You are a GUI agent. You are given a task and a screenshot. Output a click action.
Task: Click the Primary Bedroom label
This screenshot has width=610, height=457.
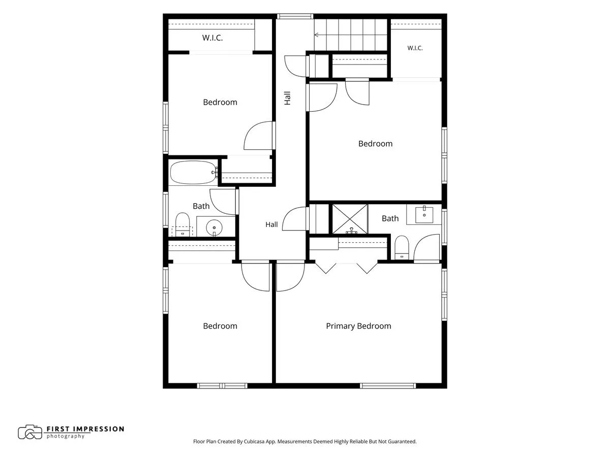[358, 326]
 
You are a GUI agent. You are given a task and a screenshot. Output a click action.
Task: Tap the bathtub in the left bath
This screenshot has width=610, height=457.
[194, 172]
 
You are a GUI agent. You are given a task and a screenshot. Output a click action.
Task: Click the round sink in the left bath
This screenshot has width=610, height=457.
[214, 227]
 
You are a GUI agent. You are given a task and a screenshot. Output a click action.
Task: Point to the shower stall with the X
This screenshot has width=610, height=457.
[350, 219]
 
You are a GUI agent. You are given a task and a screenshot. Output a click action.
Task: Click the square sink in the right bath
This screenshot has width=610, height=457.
[424, 214]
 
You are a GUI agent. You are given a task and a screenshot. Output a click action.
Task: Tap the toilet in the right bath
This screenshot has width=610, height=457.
[402, 247]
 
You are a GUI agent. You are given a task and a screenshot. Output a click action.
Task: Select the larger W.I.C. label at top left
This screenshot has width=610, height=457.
[212, 38]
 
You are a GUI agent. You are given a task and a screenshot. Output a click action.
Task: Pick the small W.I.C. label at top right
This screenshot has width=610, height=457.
[415, 48]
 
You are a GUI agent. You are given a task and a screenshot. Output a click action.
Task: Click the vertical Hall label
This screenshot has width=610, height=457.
[287, 98]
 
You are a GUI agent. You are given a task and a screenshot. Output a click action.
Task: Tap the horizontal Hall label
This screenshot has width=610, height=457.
[271, 224]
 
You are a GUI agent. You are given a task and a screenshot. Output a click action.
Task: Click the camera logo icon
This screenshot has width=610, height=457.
[30, 432]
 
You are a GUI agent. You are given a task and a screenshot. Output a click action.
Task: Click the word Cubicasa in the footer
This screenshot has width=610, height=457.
[254, 441]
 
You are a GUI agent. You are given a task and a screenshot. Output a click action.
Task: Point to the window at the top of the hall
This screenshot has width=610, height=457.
[295, 16]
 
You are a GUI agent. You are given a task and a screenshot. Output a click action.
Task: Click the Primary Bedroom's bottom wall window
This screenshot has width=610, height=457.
[388, 386]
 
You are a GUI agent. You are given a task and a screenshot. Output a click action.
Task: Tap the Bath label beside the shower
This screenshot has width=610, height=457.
[390, 218]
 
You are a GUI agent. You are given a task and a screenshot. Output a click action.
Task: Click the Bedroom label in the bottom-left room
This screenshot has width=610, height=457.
[220, 326]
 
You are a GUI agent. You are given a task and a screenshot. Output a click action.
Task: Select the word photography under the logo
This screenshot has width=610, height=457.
[65, 437]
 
